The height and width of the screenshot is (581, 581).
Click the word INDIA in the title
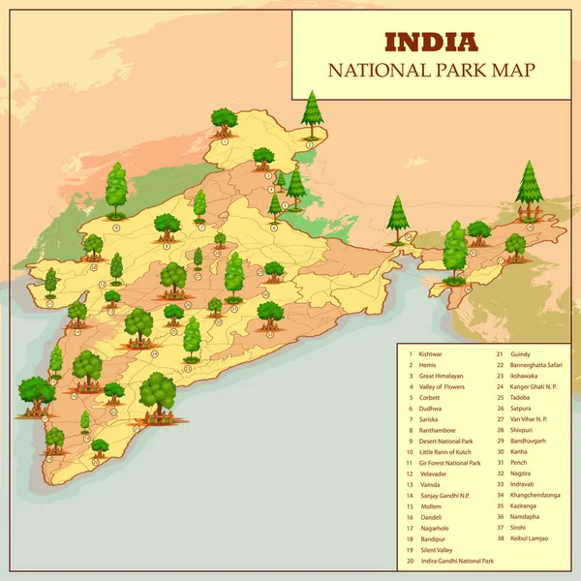[x=431, y=42]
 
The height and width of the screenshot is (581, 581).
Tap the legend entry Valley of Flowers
[x=443, y=387]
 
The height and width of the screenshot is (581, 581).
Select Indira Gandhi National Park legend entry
[x=457, y=561]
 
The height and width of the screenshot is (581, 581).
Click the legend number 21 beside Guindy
[x=501, y=354]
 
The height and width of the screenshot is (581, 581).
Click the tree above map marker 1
[x=225, y=121]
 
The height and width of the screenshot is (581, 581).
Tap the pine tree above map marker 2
[x=311, y=109]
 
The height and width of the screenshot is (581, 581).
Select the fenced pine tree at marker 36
[x=529, y=189]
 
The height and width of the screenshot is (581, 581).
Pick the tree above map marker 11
[x=76, y=312]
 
